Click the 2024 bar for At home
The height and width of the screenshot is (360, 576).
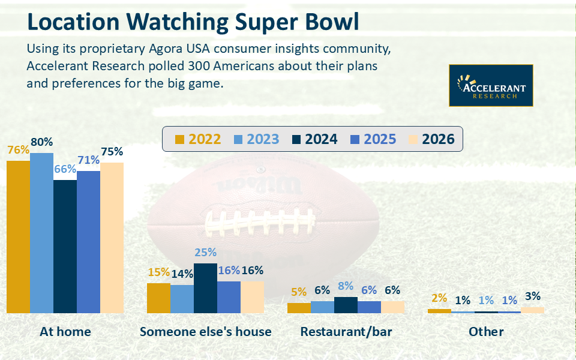(65, 246)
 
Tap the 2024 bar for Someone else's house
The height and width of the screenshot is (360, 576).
(205, 288)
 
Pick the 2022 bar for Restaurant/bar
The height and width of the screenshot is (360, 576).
(299, 308)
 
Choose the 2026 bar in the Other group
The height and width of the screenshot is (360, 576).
(532, 310)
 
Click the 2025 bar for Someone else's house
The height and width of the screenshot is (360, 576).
(229, 297)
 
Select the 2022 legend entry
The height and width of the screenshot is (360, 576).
(198, 139)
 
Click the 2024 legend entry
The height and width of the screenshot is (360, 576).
(314, 139)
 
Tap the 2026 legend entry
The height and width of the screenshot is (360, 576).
(431, 139)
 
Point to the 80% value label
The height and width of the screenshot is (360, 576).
(41, 143)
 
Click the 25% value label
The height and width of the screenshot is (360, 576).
(205, 253)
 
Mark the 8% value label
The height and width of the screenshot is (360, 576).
(346, 286)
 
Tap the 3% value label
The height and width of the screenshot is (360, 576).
(532, 296)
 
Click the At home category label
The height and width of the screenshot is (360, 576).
(65, 331)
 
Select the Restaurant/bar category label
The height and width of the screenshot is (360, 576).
(346, 331)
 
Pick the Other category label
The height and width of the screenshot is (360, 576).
(486, 331)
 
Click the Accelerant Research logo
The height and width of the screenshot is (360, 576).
(491, 86)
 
